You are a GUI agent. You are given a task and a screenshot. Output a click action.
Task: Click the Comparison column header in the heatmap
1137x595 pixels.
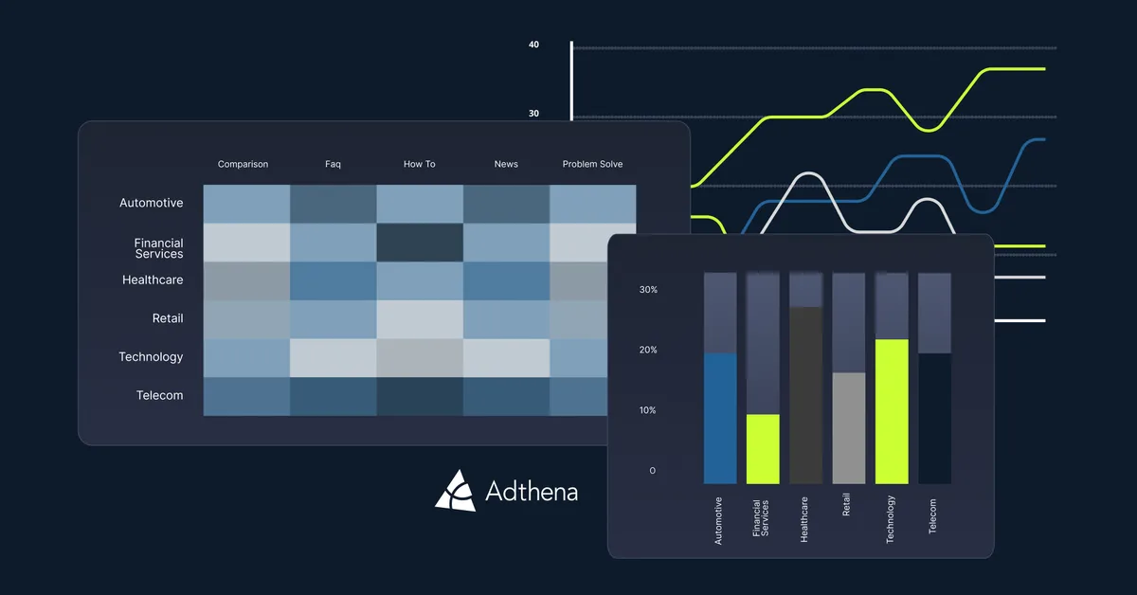tap(243, 164)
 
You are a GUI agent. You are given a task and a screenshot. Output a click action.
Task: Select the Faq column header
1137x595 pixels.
tap(333, 164)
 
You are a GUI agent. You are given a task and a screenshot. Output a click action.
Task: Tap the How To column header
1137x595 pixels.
tap(419, 164)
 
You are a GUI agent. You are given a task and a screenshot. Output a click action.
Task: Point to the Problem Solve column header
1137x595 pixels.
tap(592, 164)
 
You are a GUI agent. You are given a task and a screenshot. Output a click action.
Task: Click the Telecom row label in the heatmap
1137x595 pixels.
tap(159, 395)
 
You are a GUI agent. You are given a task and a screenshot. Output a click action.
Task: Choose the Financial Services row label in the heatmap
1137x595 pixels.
tap(158, 248)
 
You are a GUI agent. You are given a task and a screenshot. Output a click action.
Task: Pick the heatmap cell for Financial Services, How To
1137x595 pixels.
tap(420, 243)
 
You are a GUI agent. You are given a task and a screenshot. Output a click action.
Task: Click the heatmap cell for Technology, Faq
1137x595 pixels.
tap(333, 358)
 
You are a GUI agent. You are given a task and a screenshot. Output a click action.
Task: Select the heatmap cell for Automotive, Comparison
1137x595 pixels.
tap(246, 204)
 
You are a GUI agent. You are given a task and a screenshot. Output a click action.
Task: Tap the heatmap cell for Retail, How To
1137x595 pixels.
tap(420, 319)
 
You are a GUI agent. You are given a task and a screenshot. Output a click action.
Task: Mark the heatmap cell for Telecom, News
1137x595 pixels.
tap(506, 396)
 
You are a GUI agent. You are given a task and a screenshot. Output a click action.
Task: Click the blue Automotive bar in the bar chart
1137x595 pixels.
tap(720, 418)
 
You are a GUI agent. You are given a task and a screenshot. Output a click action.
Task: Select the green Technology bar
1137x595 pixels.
tap(891, 411)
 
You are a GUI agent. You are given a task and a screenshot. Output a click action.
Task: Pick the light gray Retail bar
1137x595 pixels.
tap(848, 427)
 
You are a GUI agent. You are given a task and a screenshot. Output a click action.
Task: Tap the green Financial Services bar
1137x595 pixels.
tap(763, 448)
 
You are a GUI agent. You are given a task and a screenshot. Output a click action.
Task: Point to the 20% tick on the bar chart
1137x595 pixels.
tap(647, 350)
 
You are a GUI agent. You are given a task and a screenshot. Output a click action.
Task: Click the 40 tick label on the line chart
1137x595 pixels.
tap(533, 45)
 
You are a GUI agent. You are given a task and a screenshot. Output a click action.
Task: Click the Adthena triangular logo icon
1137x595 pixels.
tap(455, 490)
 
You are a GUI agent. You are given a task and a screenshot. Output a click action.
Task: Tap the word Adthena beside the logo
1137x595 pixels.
tap(531, 491)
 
